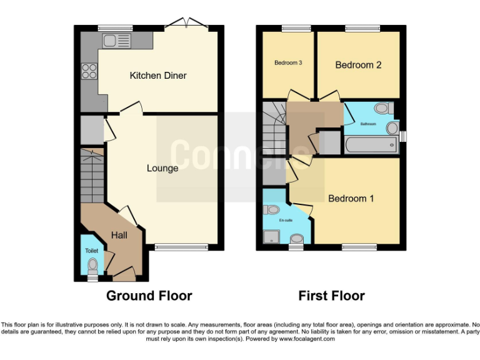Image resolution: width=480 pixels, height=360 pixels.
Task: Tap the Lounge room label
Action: click(x=162, y=168)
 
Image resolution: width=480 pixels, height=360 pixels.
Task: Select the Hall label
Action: click(x=119, y=235)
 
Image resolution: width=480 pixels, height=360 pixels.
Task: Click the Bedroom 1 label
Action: click(x=351, y=199)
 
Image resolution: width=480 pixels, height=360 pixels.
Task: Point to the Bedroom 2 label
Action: click(x=358, y=65)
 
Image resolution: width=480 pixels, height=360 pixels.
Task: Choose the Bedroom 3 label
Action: click(x=288, y=63)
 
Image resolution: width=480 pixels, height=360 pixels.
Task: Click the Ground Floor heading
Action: click(x=149, y=296)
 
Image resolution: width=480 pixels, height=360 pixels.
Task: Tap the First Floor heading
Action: click(x=331, y=296)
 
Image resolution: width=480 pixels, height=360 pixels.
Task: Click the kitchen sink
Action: click(x=117, y=41)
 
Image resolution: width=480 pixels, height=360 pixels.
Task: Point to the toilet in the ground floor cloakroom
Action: click(x=92, y=265)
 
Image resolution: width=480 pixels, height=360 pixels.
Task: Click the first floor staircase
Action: click(x=274, y=131)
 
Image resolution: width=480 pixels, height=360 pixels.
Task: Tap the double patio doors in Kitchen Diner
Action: click(x=190, y=24)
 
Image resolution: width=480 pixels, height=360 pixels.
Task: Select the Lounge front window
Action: click(x=181, y=247)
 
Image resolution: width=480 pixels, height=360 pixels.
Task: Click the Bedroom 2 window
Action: click(x=362, y=28)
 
